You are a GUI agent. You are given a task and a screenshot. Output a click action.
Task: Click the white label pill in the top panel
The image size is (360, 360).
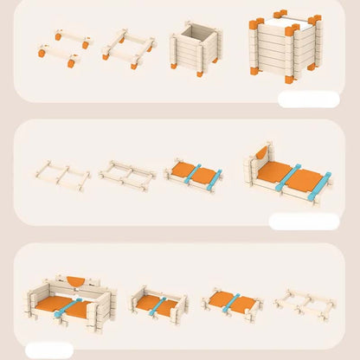(309, 100)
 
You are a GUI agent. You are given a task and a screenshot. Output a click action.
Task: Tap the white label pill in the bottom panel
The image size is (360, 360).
(49, 350)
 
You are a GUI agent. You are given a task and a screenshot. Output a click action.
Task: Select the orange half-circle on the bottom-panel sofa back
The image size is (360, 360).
(78, 282)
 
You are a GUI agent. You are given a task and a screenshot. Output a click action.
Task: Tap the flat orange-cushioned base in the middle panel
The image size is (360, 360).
(192, 174)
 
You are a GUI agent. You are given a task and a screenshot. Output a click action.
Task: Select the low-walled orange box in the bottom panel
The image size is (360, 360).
(158, 304)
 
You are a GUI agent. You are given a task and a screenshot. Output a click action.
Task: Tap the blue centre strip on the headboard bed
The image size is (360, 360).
(288, 177)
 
